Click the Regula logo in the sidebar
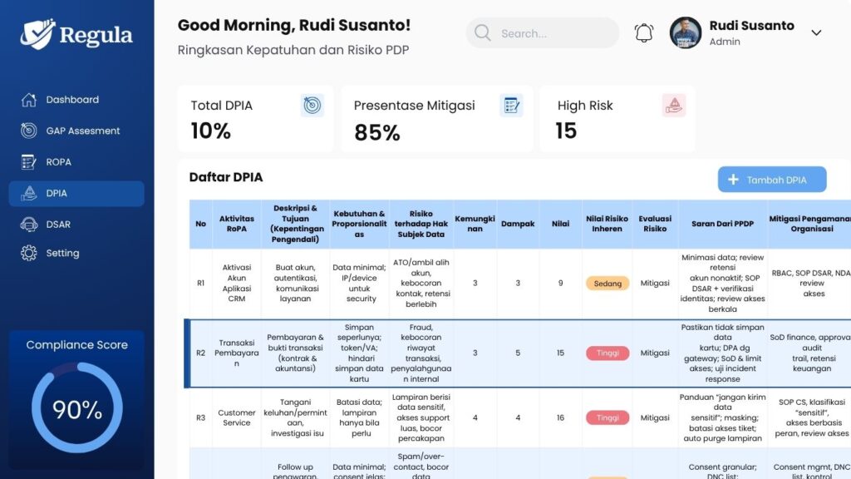76,35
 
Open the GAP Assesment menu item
82,131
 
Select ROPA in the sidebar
58,162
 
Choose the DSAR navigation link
58,225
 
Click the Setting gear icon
29,254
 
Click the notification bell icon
644,33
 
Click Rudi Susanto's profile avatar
686,32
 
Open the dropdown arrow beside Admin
816,33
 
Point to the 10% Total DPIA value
211,131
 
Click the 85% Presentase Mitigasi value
376,132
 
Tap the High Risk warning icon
673,106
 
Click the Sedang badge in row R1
608,284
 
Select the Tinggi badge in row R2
608,353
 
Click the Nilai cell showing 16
560,418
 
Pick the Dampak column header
518,224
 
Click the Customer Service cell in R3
237,417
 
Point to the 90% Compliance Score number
77,409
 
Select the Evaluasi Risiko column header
655,224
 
